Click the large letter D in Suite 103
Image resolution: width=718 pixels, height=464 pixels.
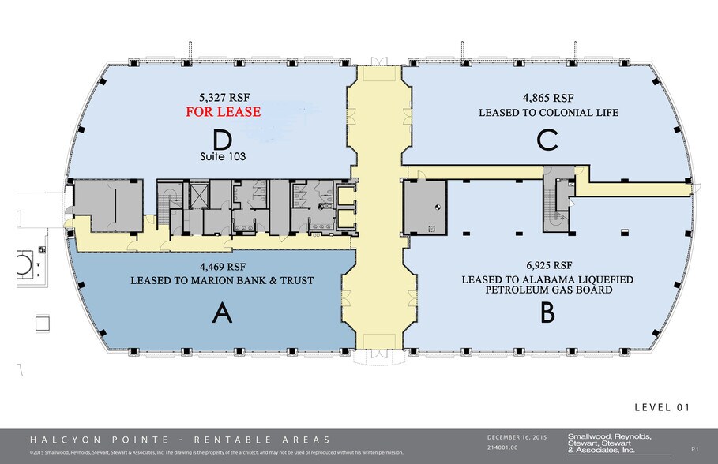222,139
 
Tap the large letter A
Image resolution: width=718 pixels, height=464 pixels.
222,314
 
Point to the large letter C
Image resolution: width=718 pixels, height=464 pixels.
547,140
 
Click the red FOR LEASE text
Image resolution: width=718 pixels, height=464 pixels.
223,112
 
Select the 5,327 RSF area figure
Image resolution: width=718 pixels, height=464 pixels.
223,98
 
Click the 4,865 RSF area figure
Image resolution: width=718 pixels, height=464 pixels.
547,99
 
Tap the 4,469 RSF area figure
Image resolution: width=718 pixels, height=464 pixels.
222,266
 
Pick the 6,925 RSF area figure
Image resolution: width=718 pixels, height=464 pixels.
547,265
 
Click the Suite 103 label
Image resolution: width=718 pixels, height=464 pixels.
223,157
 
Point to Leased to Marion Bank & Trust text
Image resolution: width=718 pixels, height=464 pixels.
222,280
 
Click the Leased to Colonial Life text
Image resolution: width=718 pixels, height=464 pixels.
547,113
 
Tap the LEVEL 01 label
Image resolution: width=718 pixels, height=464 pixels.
662,407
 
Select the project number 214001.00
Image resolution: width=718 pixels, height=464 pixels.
506,447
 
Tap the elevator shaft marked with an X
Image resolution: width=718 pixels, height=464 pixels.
198,196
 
